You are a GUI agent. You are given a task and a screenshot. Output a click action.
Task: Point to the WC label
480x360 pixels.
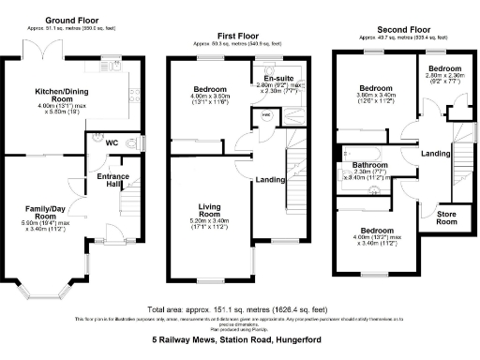tap(112, 142)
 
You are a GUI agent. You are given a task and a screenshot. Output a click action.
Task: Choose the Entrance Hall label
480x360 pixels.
tap(112, 179)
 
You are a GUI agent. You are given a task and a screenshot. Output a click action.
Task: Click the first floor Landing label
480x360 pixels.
tap(270, 180)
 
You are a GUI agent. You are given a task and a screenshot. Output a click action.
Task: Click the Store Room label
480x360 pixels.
tap(448, 217)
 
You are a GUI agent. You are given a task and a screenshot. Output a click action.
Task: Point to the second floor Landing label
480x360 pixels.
tap(434, 154)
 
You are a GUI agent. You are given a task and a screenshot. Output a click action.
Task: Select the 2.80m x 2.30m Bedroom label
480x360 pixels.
tap(446, 70)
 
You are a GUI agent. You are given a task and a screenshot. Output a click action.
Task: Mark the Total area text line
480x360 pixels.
tap(239, 308)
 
